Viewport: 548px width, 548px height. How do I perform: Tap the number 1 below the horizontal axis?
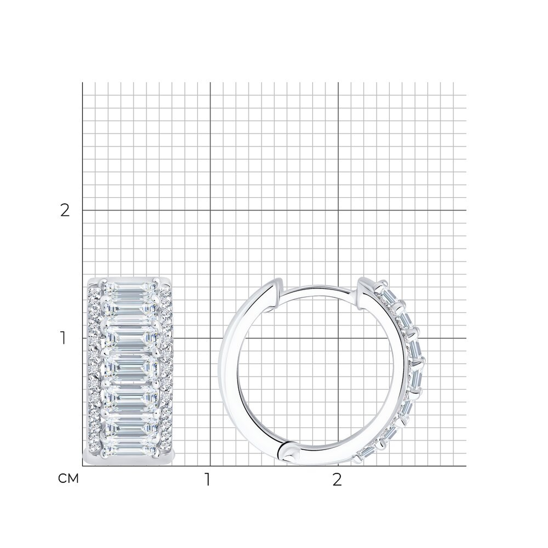pos(208,479)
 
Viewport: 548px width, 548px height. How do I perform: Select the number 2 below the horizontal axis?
pos(337,479)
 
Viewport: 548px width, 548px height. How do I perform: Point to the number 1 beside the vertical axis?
pos(63,338)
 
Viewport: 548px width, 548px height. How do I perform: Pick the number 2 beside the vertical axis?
pos(65,210)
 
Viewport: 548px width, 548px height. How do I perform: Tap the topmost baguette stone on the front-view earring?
pos(130,288)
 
